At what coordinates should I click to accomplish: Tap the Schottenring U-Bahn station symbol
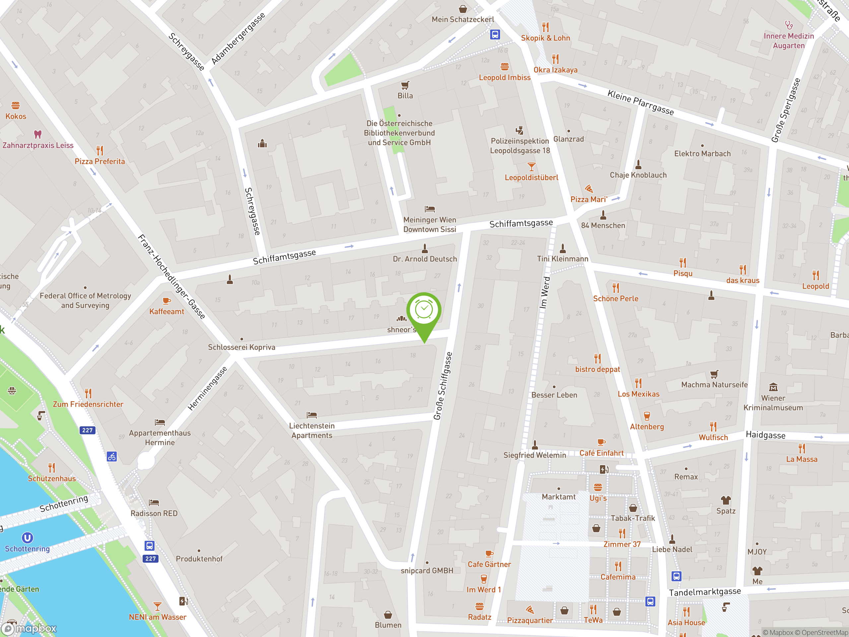pos(27,537)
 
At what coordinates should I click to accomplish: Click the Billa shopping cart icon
pos(405,85)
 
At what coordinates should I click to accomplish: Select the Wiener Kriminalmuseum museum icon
pos(773,387)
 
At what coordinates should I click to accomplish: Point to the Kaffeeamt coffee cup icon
pos(166,301)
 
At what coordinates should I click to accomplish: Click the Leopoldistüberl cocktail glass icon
pos(531,167)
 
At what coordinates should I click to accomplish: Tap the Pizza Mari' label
pos(588,199)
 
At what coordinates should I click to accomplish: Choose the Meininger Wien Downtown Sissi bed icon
pos(429,209)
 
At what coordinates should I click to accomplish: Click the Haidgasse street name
pos(765,435)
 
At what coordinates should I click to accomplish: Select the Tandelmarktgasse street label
pos(705,592)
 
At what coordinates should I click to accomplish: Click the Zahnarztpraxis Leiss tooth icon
pos(37,134)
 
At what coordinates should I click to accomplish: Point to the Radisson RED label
pos(154,513)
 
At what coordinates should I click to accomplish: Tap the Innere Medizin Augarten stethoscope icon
pos(789,25)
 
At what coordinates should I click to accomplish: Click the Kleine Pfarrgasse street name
pos(640,102)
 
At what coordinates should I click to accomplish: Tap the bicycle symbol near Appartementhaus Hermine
pos(112,457)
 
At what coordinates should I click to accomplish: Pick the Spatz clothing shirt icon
pos(725,500)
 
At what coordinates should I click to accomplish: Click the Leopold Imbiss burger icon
pos(504,67)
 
